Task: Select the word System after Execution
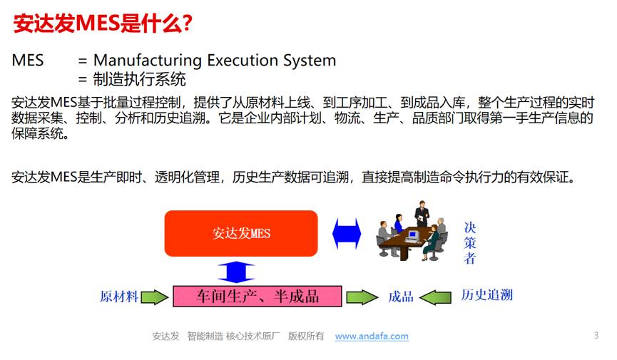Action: (307, 60)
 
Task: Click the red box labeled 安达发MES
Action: (241, 233)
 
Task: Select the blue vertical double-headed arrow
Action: (235, 272)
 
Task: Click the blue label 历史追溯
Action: (486, 295)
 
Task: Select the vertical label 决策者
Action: (469, 242)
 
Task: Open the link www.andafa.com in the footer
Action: (372, 336)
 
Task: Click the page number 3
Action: (596, 335)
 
